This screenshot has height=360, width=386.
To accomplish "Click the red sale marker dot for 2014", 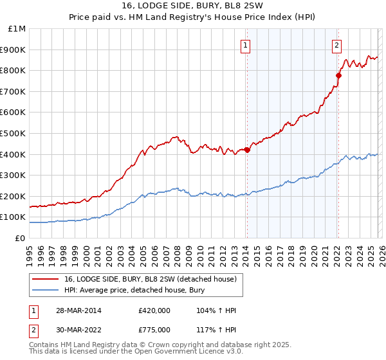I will [x=247, y=150].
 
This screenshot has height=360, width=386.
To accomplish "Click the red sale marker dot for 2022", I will [x=338, y=75].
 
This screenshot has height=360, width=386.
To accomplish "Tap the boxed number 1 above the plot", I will [x=246, y=45].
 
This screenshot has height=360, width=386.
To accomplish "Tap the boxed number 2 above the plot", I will [x=337, y=45].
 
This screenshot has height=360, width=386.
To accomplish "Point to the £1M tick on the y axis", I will [x=17, y=29].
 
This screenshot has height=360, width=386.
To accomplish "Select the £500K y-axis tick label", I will [x=14, y=134].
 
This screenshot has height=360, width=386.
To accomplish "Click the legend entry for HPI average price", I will [x=134, y=291].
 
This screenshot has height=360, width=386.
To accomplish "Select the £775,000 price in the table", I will [x=154, y=330].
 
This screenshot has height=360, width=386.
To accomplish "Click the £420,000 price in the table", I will [x=154, y=310].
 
